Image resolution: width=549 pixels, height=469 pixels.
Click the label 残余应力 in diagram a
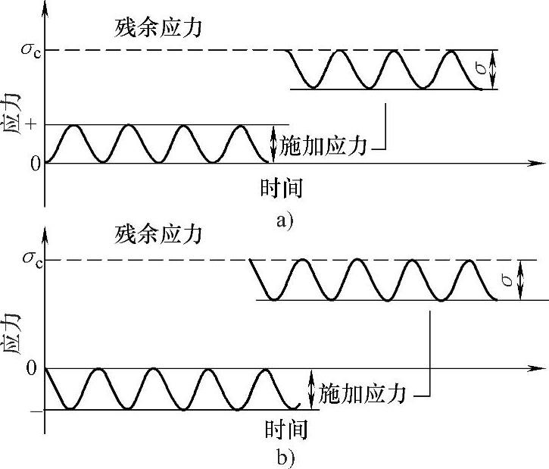coord(158,27)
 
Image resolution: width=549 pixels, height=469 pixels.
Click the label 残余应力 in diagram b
coord(158,234)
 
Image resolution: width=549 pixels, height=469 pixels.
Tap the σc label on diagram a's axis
coord(31,50)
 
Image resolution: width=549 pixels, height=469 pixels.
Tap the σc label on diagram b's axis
coord(33,260)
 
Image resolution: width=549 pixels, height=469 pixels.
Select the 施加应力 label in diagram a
coord(323,145)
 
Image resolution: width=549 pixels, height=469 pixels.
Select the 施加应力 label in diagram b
coord(362,393)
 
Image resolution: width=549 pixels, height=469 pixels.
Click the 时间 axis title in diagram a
coord(281,188)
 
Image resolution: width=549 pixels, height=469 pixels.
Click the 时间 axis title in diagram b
coord(286,429)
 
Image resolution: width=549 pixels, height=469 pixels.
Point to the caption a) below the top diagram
coord(285,221)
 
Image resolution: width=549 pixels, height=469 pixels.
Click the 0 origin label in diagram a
coord(36,164)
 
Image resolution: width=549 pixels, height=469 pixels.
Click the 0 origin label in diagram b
coord(32,368)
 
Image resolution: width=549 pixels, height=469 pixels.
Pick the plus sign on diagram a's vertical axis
coord(31,124)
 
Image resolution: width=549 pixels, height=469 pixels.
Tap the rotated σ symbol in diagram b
coord(507,279)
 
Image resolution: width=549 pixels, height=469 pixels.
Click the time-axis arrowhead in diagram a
coord(538,163)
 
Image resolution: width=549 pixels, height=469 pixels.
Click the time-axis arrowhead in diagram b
coord(538,368)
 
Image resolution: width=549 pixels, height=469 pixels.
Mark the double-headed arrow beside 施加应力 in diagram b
coord(310,389)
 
